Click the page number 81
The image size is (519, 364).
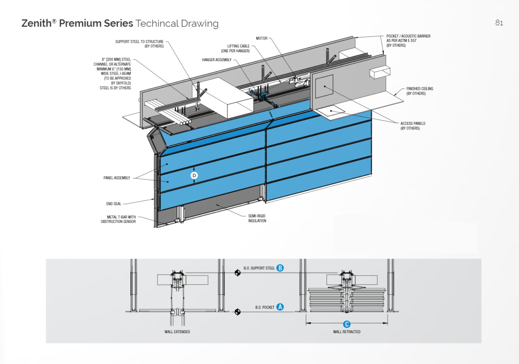point(499,23)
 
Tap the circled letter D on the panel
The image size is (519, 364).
point(194,175)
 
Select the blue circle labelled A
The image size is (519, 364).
point(280,307)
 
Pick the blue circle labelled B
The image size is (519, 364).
point(280,268)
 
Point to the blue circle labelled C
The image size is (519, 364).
point(347,324)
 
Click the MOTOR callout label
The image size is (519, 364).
point(261,38)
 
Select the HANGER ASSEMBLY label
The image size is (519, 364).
point(217,60)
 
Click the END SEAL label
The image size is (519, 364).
point(114,204)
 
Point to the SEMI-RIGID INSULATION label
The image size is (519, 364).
point(257,218)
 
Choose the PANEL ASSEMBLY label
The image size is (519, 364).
point(117,178)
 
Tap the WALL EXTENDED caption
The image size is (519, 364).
point(177,332)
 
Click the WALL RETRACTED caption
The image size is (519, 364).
point(347,332)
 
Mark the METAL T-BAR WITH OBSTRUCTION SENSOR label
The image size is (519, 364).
point(118,219)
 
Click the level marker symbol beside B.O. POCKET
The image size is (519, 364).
point(238,312)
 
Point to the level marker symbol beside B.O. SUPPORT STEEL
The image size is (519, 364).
point(238,273)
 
